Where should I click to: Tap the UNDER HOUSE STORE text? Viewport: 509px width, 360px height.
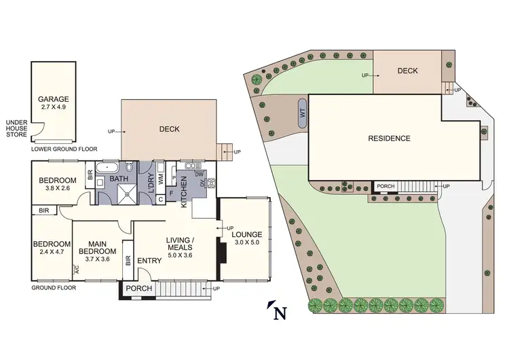16,128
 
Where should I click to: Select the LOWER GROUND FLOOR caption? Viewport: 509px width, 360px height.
64,149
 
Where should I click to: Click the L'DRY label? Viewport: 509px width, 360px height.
149,183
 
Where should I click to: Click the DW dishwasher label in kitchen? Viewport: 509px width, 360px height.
199,175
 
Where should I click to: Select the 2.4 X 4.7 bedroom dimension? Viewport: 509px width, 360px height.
52,253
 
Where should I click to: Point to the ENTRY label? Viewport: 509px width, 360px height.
150,261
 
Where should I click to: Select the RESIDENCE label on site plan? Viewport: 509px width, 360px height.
389,139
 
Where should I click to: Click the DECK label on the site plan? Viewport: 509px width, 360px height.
407,71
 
